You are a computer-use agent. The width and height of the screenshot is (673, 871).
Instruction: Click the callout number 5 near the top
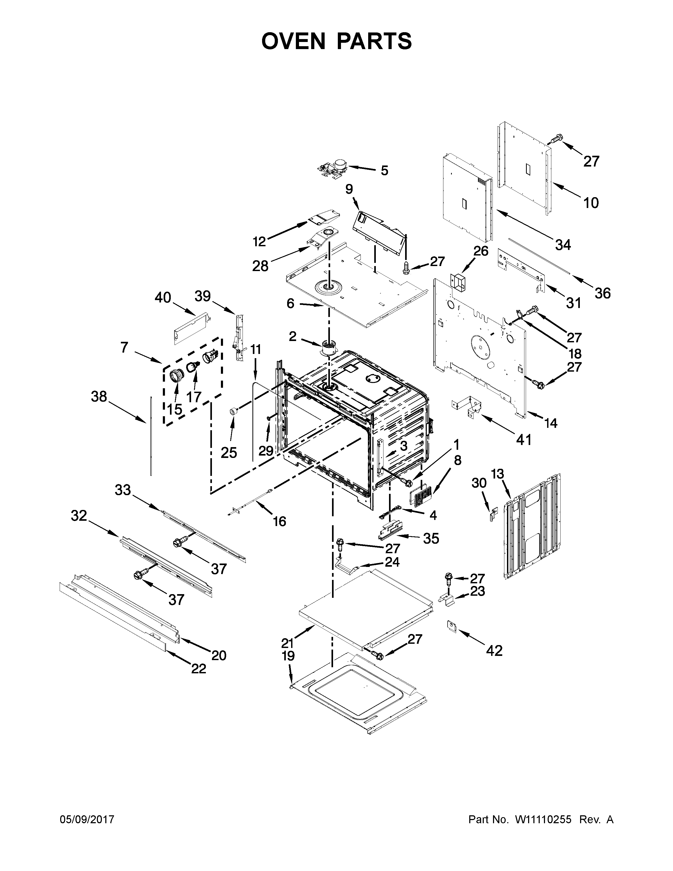384,171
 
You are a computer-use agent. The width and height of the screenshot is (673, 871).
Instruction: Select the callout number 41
524,440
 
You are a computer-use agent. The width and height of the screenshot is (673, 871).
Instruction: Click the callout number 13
497,474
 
